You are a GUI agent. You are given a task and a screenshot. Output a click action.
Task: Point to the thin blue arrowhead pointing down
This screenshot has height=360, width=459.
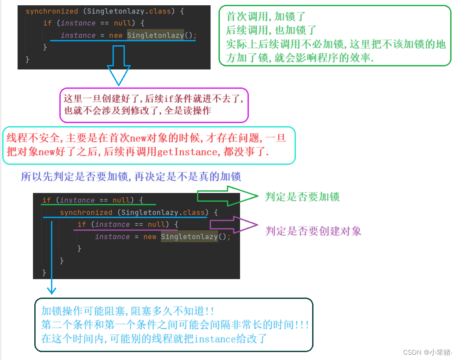click(x=52, y=290)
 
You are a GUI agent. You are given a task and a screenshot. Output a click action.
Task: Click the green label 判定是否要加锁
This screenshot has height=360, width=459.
click(x=302, y=196)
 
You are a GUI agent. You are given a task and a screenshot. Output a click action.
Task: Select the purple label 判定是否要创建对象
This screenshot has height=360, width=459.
click(x=313, y=231)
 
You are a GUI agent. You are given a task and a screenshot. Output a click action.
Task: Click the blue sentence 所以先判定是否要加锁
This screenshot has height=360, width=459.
click(x=131, y=177)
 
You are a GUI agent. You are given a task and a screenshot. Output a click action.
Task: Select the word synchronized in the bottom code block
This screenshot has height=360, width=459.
click(x=86, y=212)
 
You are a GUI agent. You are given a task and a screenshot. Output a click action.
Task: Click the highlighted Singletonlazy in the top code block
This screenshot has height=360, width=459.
click(x=155, y=35)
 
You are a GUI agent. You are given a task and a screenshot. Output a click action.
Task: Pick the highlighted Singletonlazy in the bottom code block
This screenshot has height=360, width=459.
click(x=189, y=236)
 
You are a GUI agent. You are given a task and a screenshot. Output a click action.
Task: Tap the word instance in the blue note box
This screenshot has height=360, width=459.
click(x=213, y=338)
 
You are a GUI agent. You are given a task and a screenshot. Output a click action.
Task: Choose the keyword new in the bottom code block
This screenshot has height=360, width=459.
click(x=149, y=236)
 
